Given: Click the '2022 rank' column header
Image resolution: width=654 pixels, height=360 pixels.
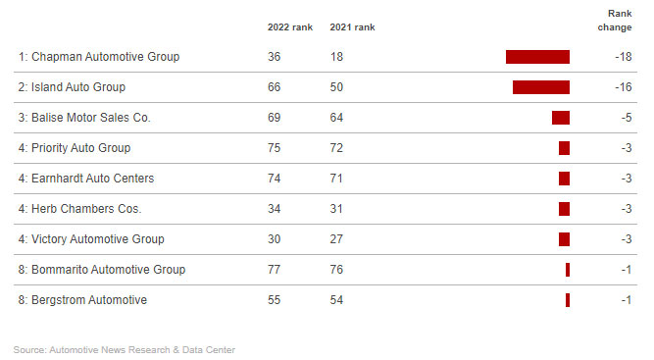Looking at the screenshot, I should [289, 26].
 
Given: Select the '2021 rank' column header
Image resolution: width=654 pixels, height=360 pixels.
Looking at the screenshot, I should [352, 26].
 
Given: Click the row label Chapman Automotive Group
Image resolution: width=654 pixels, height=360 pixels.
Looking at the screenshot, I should [98, 57].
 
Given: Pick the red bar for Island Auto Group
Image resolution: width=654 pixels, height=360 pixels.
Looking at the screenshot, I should [540, 87].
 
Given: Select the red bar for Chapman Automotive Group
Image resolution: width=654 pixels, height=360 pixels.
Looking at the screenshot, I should [537, 57].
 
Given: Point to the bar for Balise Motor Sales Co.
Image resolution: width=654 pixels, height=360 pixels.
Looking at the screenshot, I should [560, 118].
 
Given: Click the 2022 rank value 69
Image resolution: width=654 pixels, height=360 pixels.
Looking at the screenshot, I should [274, 118].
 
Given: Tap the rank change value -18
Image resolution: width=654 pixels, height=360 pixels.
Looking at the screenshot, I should [622, 57].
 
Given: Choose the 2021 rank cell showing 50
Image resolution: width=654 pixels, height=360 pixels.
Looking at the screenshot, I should [336, 87].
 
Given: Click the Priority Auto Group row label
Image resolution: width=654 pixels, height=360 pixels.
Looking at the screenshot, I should [74, 148].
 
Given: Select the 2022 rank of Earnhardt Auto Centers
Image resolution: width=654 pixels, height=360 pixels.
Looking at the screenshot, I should [274, 179].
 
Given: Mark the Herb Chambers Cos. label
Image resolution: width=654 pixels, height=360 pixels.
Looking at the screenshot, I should [79, 209].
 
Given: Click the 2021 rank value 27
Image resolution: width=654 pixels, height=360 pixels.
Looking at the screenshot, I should [336, 239].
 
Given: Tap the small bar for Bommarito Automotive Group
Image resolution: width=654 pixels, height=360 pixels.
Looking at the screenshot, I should [567, 270].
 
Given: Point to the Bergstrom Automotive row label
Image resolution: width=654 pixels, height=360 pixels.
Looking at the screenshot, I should [82, 300].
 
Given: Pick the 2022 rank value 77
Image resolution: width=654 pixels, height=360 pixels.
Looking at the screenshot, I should [274, 270].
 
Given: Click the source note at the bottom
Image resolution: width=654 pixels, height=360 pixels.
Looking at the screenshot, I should [125, 349].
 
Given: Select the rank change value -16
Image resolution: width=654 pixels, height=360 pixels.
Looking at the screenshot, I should [622, 87].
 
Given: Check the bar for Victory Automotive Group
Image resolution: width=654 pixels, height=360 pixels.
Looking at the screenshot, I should [564, 239].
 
